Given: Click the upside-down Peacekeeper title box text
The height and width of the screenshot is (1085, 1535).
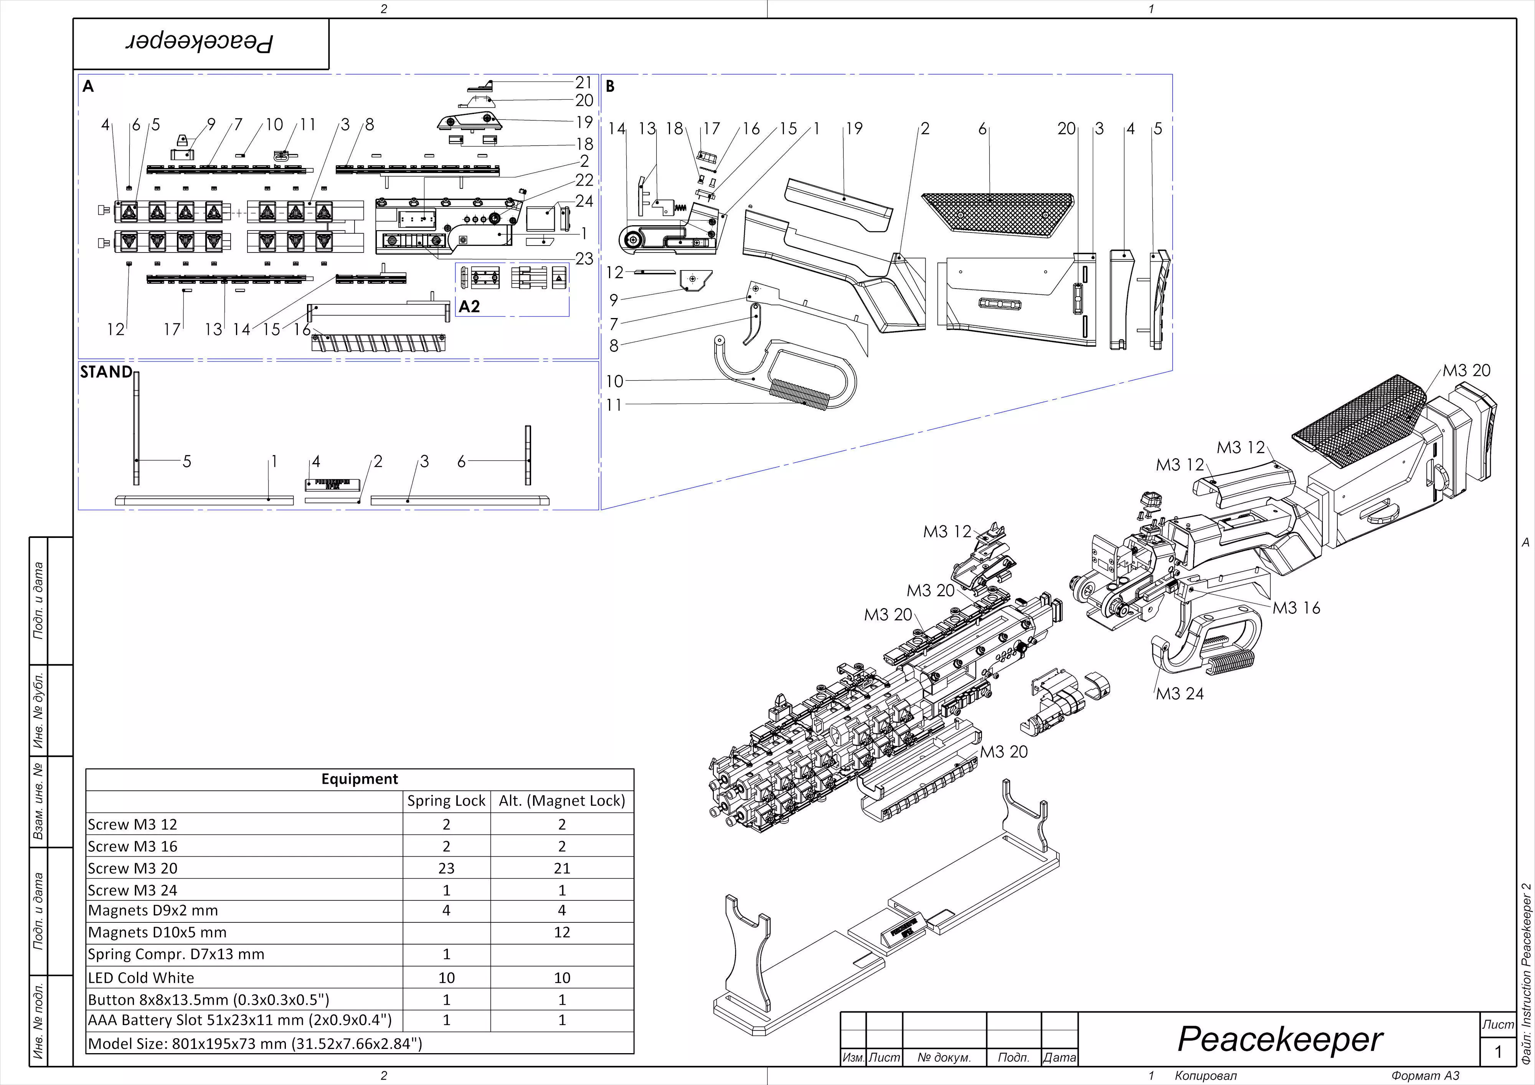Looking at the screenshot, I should pyautogui.click(x=201, y=43).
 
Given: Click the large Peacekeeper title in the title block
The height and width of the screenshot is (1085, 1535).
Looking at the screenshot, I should pyautogui.click(x=1279, y=1040).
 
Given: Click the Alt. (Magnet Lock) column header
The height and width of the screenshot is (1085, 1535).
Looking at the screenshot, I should pyautogui.click(x=561, y=801).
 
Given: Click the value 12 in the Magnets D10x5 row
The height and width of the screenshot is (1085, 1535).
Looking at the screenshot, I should pyautogui.click(x=561, y=933).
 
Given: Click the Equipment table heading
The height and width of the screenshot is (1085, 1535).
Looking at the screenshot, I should pyautogui.click(x=359, y=779).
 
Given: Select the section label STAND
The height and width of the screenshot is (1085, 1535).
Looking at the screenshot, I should pyautogui.click(x=106, y=373).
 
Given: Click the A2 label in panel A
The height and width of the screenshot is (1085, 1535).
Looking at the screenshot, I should pyautogui.click(x=469, y=307).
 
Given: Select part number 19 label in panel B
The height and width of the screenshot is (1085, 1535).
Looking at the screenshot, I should pyautogui.click(x=854, y=129).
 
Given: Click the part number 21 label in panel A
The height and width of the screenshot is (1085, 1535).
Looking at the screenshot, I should pyautogui.click(x=584, y=82).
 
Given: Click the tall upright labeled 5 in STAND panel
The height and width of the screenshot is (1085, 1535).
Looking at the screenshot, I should pyautogui.click(x=136, y=428).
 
